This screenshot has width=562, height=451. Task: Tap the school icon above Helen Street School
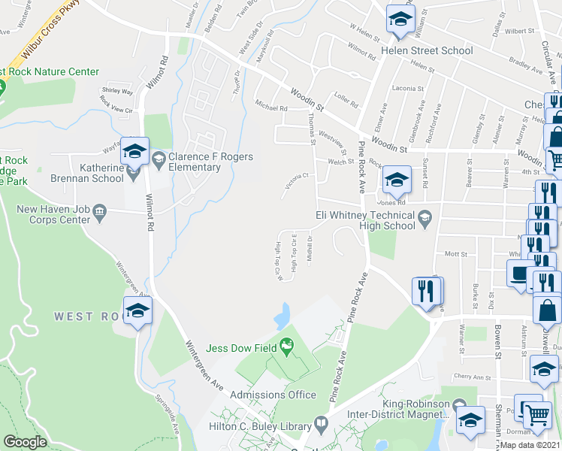400,20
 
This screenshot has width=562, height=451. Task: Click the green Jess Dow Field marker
286,346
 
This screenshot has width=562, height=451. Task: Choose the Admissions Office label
273,395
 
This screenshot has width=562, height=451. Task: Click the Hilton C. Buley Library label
259,426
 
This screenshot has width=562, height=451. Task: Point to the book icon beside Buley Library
321,425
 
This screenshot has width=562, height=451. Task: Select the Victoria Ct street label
295,181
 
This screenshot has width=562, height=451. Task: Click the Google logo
26,442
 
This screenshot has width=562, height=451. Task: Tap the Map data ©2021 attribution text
530,445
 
